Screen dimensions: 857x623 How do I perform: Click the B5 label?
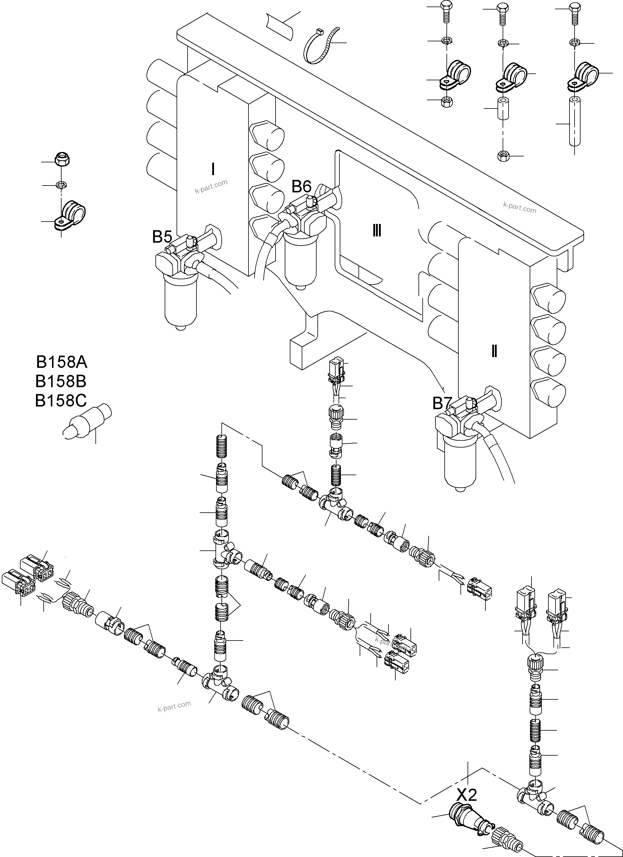coord(162,237)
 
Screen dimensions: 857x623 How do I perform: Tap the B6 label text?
coord(301,187)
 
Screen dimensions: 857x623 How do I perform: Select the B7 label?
coord(442,404)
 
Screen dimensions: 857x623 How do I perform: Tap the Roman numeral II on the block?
coord(494,352)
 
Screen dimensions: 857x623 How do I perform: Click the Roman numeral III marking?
coord(376,230)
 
